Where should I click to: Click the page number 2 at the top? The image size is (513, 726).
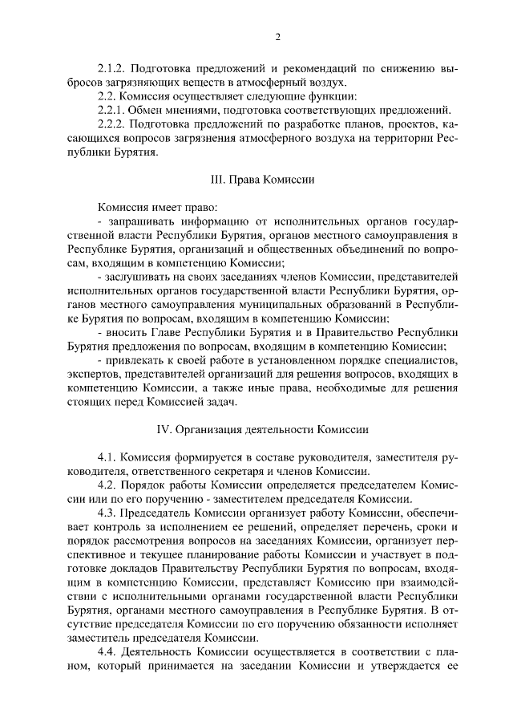pyautogui.click(x=277, y=37)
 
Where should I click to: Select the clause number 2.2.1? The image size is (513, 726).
pyautogui.click(x=113, y=110)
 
